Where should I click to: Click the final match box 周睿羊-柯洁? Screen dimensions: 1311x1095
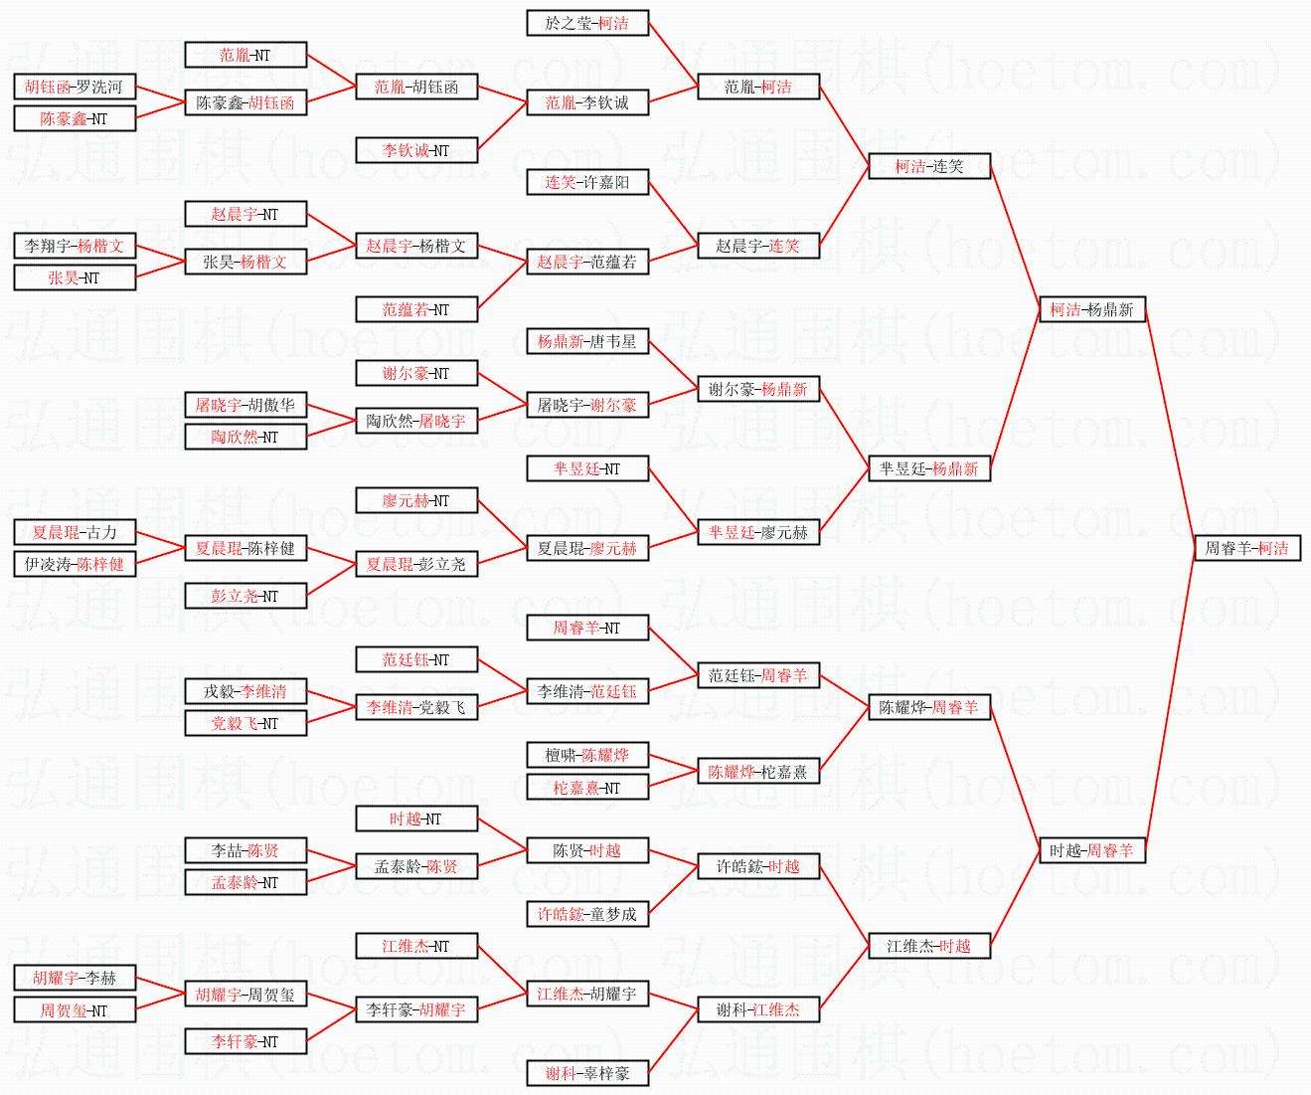click(x=1246, y=548)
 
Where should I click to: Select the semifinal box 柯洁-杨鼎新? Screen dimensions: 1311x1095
click(x=1091, y=309)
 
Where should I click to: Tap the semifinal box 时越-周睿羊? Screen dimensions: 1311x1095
click(x=1091, y=850)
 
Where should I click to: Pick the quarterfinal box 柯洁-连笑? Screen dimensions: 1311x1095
click(x=929, y=166)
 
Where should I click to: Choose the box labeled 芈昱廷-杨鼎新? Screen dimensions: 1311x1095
click(x=929, y=468)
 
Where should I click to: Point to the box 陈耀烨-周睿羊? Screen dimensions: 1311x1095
click(x=929, y=707)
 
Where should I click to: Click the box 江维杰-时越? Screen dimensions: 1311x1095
click(x=929, y=946)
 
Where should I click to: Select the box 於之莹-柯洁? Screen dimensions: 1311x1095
click(x=586, y=23)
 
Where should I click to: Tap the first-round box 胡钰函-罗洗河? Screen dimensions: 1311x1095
click(x=74, y=87)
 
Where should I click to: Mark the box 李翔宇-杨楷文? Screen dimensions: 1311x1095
click(x=74, y=246)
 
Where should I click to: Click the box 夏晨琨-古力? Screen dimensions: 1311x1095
click(x=74, y=532)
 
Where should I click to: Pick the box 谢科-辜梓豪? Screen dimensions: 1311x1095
click(x=586, y=1073)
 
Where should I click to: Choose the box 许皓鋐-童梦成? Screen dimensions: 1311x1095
click(x=586, y=914)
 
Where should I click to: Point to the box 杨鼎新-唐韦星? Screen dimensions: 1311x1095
click(x=586, y=341)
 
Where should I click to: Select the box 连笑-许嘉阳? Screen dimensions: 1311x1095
click(x=586, y=182)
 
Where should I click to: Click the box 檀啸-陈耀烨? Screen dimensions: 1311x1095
click(x=586, y=755)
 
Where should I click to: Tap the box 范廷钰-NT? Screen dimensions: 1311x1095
click(x=415, y=659)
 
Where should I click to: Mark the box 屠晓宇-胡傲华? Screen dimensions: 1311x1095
click(x=245, y=405)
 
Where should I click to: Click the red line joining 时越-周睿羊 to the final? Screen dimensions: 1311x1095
click(x=1170, y=700)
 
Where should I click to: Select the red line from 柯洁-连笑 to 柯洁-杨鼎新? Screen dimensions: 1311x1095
click(x=1014, y=238)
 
